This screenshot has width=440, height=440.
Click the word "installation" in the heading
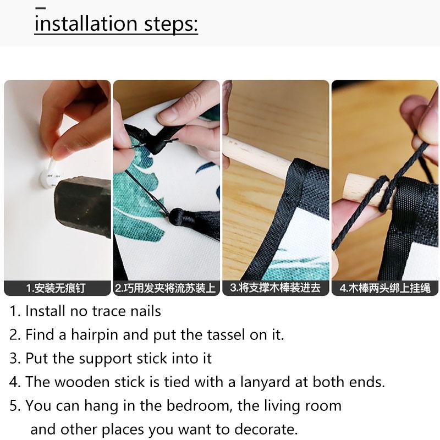86,24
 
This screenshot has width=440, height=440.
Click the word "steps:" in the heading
171,25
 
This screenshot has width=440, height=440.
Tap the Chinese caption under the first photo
56,288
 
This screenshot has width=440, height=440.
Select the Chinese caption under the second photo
166,288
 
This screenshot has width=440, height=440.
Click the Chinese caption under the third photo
275,288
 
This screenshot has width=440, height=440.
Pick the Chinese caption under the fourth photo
384,288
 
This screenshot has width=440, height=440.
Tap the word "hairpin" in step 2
94,335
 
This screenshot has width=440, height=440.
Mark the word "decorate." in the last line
266,430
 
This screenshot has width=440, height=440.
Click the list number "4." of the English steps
15,382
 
